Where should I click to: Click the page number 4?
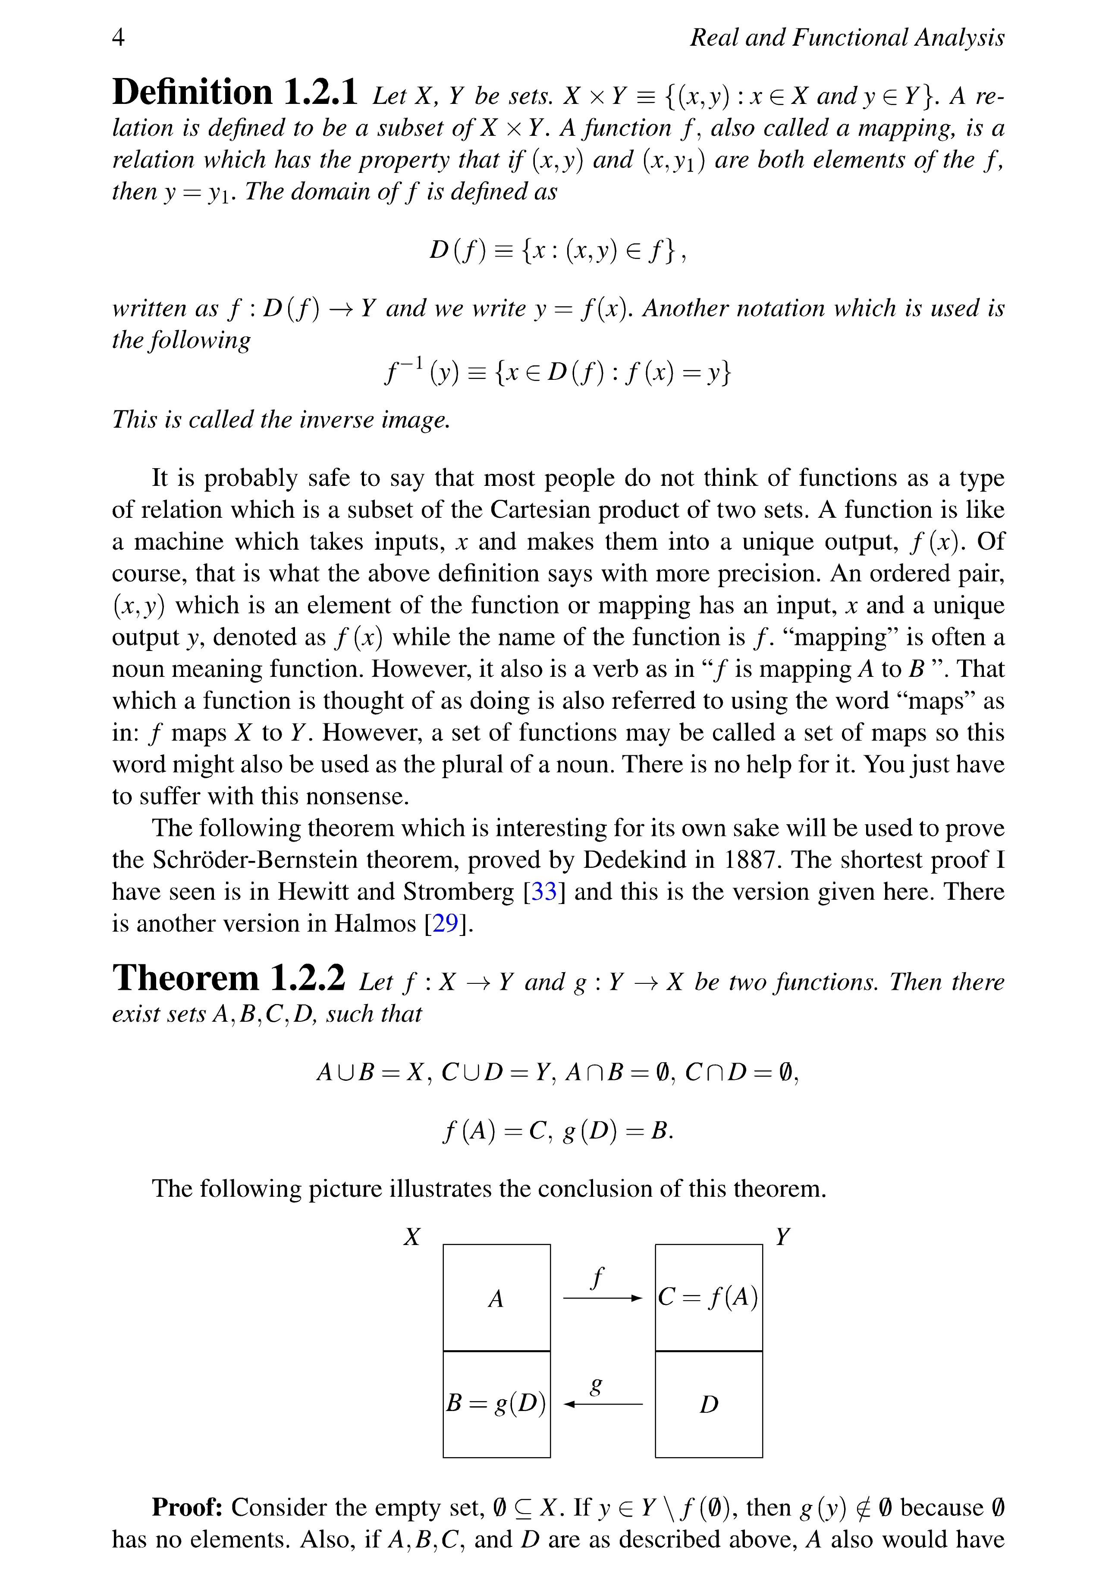[x=119, y=37]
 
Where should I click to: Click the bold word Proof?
[x=187, y=1507]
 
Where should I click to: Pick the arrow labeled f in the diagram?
[x=603, y=1298]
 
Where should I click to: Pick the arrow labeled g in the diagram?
[x=603, y=1403]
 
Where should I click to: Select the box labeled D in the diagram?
[x=708, y=1404]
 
